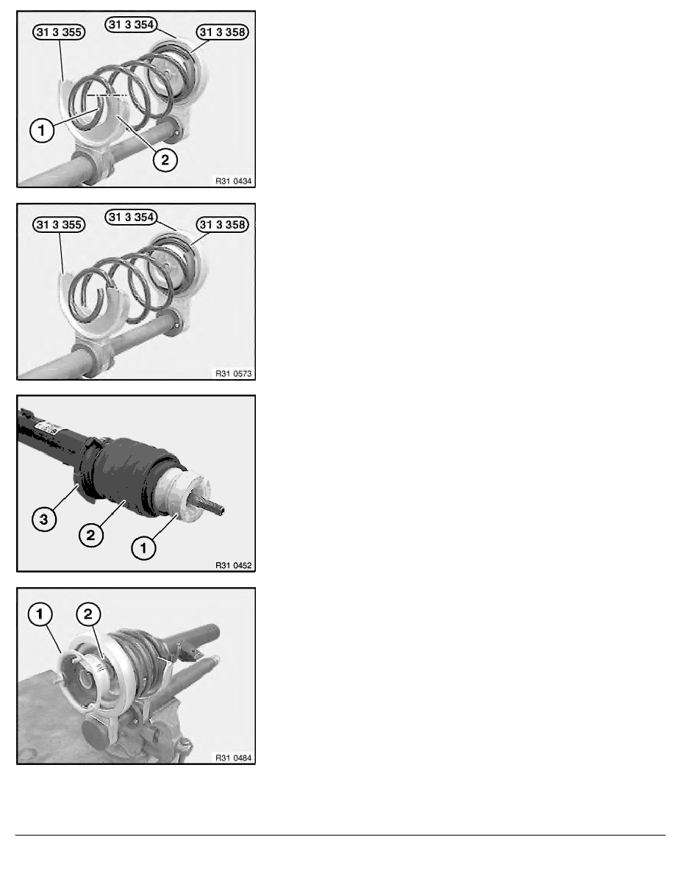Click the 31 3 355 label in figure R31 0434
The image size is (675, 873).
pyautogui.click(x=59, y=32)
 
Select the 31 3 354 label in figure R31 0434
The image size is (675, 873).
pyautogui.click(x=132, y=24)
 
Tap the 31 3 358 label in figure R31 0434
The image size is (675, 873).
pyautogui.click(x=222, y=32)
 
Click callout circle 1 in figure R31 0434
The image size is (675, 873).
pyautogui.click(x=42, y=131)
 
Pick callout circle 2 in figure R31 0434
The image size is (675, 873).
pyautogui.click(x=165, y=159)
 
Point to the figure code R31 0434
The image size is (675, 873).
pyautogui.click(x=233, y=181)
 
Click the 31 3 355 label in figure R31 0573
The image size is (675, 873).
pyautogui.click(x=59, y=224)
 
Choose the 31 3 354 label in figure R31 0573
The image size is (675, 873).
pyautogui.click(x=132, y=217)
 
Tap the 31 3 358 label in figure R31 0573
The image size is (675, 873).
pyautogui.click(x=222, y=224)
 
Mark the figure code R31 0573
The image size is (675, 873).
pyautogui.click(x=233, y=373)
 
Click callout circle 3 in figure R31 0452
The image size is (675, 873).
pyautogui.click(x=44, y=520)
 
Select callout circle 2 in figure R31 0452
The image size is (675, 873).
pyautogui.click(x=90, y=535)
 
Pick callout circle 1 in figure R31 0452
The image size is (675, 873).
pyautogui.click(x=143, y=548)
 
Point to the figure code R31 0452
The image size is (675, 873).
pyautogui.click(x=233, y=566)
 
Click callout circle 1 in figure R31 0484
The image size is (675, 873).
pyautogui.click(x=40, y=614)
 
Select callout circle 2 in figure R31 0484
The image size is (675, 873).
pyautogui.click(x=88, y=614)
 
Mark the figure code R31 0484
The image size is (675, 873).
pyautogui.click(x=233, y=758)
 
